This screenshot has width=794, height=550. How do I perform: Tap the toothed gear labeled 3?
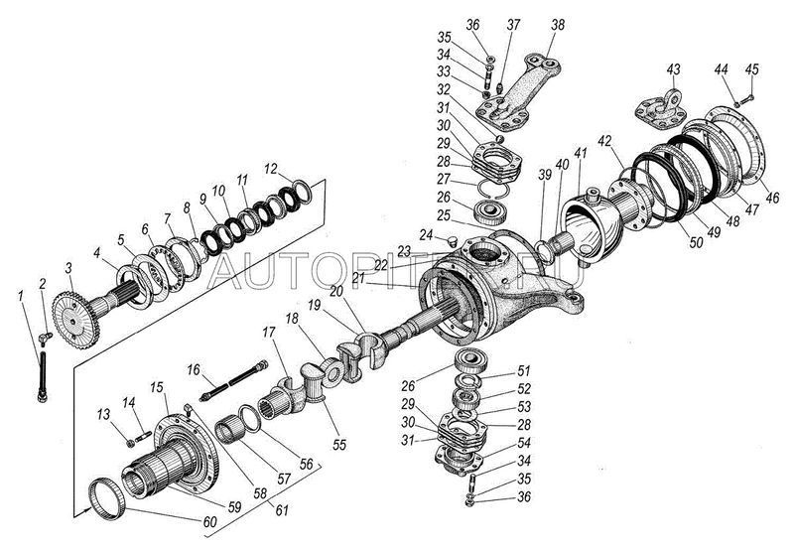(67, 318)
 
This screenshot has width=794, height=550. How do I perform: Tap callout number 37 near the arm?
(513, 23)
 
